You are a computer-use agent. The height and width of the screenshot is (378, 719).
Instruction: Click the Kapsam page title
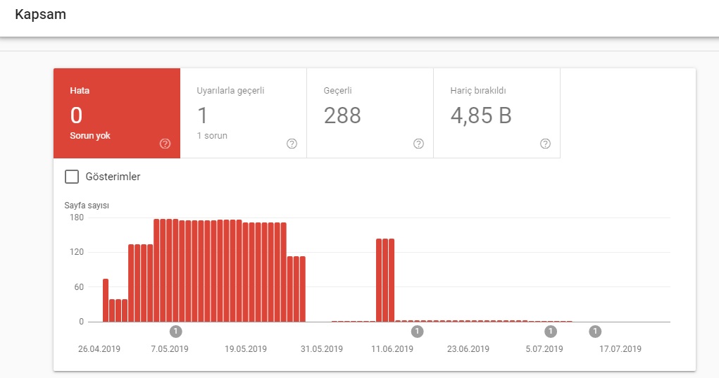[x=40, y=15]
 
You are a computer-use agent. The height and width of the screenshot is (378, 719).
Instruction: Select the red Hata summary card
[x=117, y=113]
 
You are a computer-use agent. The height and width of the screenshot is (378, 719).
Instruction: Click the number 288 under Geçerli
[x=342, y=115]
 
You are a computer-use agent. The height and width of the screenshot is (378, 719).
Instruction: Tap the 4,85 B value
[x=480, y=115]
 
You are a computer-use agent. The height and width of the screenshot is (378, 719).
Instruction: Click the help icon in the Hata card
[x=165, y=144]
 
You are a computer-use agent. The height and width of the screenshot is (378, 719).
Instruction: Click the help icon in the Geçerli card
[x=418, y=144]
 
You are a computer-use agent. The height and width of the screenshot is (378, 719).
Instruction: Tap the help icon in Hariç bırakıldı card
[x=545, y=144]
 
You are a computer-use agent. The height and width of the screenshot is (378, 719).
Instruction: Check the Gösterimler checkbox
[x=72, y=177]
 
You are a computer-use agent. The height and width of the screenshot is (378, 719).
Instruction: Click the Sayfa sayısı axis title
[x=87, y=206]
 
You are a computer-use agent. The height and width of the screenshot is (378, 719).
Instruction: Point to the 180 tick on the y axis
[x=77, y=218]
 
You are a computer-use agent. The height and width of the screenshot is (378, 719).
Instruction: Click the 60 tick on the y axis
[x=79, y=287]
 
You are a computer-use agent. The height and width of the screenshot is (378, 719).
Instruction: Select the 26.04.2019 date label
[x=99, y=349]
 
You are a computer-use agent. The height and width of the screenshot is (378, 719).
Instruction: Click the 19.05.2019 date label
[x=245, y=349]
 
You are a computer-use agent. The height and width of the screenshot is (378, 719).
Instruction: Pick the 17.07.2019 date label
[x=620, y=349]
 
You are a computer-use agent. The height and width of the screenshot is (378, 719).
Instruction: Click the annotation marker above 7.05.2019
[x=175, y=332]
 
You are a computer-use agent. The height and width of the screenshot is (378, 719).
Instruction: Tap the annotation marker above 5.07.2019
[x=551, y=332]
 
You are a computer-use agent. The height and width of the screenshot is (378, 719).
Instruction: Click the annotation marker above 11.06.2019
[x=418, y=332]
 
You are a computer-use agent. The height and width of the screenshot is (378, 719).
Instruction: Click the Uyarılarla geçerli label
[x=231, y=91]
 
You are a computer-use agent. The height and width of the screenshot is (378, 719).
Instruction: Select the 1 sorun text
[x=212, y=136]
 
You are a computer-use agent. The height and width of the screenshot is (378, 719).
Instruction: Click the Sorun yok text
[x=90, y=136]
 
